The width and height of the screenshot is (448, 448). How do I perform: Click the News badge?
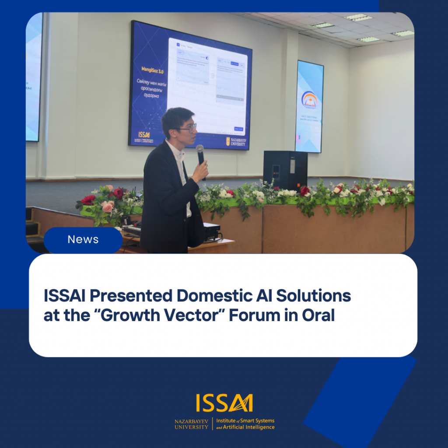coord(83,240)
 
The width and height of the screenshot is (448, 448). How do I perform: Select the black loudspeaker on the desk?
coord(285,170)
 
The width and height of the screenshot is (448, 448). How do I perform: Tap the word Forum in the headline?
coord(257,315)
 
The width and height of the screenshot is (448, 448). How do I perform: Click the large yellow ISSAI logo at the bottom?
coord(224,403)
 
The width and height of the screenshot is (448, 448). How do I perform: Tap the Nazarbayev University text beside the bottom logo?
coord(192,424)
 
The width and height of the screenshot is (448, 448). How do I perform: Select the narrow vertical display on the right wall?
coord(309,106)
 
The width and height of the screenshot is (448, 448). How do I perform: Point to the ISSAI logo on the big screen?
coord(143,135)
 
